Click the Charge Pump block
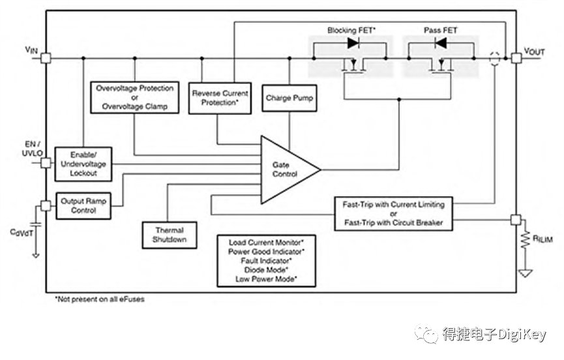289,98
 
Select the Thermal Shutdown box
170,235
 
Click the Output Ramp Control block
83,205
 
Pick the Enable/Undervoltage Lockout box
83,164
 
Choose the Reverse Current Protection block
220,98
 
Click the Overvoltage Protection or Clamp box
134,97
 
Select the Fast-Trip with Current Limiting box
394,214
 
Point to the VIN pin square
46,58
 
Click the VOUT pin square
516,58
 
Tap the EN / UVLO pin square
46,163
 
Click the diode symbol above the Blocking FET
353,43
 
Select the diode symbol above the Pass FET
441,43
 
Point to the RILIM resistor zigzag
526,239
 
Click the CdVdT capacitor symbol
36,224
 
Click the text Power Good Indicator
266,252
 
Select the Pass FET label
440,30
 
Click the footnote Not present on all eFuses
100,299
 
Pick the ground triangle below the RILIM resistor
526,274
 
